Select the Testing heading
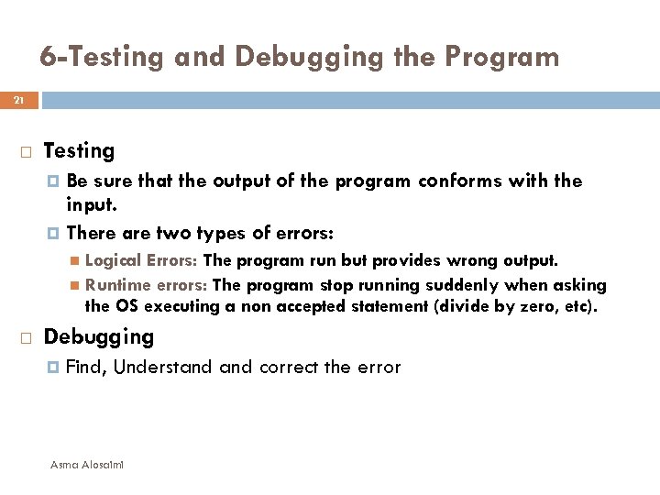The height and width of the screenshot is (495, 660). click(x=79, y=150)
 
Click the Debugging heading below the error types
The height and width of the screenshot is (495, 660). click(x=99, y=337)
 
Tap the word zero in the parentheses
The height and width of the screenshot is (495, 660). click(x=541, y=305)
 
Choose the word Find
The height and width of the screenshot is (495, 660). click(x=86, y=368)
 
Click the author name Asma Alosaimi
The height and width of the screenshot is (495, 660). click(x=88, y=465)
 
